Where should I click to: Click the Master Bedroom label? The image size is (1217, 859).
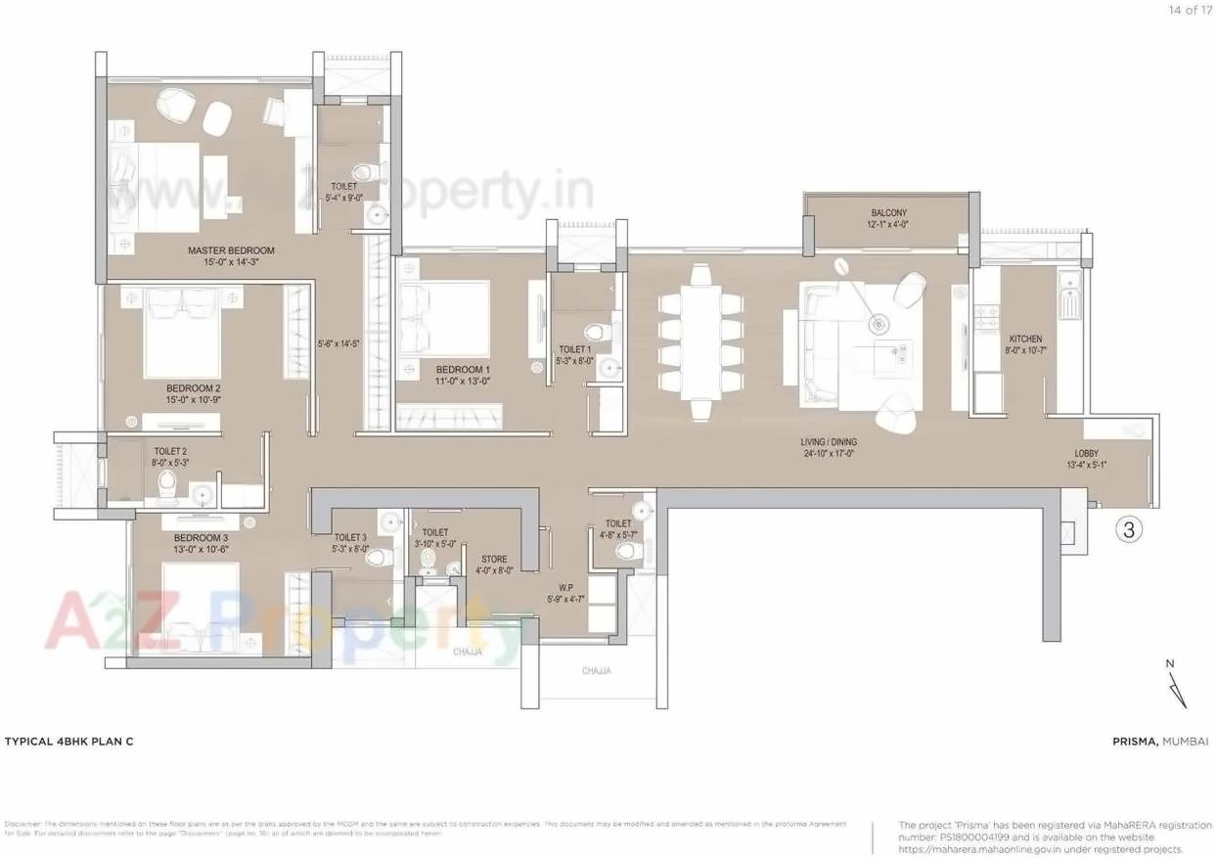click(231, 250)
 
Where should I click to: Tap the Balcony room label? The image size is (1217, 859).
click(888, 212)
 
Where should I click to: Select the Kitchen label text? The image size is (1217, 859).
click(1025, 339)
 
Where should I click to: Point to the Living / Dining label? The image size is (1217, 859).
click(829, 441)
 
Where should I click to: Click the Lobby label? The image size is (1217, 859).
click(1086, 453)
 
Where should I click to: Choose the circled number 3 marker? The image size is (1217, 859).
click(1129, 530)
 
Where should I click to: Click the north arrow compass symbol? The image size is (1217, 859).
click(1176, 684)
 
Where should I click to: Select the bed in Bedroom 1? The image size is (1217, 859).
click(444, 319)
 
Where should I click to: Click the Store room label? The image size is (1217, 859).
click(494, 559)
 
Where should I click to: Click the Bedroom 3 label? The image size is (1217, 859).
click(201, 538)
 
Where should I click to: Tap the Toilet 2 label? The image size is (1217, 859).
click(170, 451)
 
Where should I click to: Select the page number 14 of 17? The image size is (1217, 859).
click(1189, 10)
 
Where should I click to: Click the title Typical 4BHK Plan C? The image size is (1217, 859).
click(69, 742)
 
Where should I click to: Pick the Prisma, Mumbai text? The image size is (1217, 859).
click(1160, 742)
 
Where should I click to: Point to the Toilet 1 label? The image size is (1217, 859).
click(574, 348)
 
